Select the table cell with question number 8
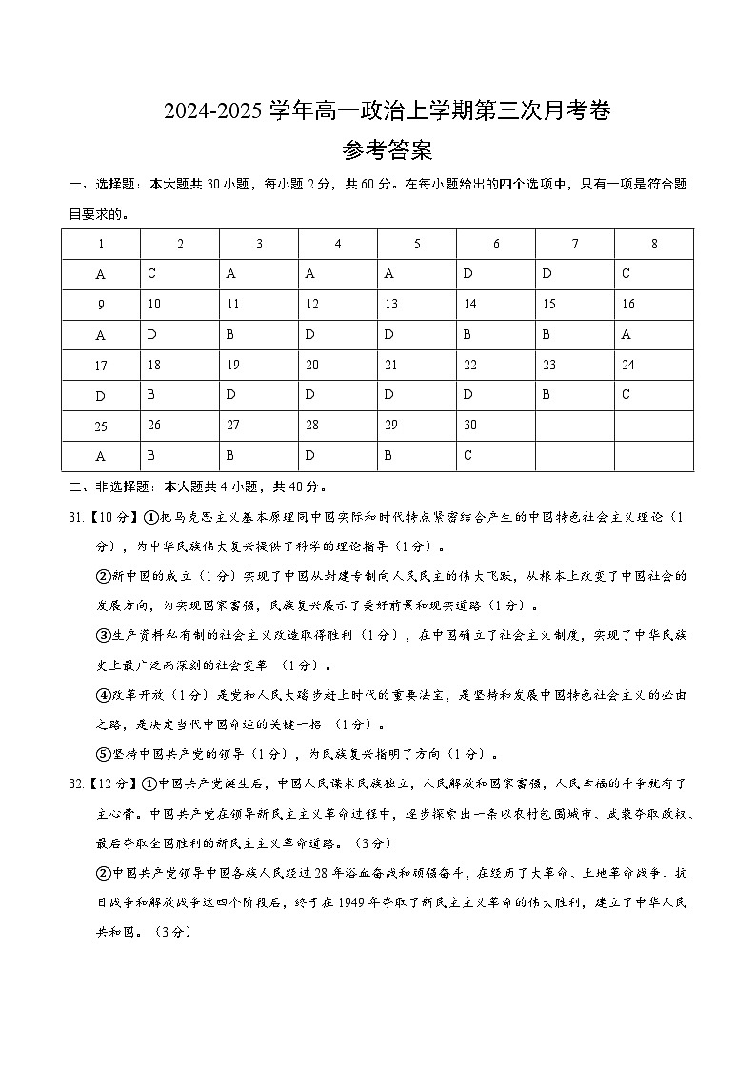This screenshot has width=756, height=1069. click(x=653, y=245)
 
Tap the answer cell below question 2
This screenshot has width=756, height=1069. click(x=179, y=274)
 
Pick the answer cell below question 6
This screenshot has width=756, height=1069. click(x=495, y=274)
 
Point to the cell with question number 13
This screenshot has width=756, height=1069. click(x=416, y=305)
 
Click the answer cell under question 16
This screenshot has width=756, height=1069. click(x=653, y=334)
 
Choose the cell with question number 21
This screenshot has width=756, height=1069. click(x=416, y=365)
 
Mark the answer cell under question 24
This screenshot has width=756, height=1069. click(x=653, y=395)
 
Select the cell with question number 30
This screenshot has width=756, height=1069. click(x=495, y=426)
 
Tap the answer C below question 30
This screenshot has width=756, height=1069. click(x=495, y=456)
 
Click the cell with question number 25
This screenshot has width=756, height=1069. click(x=101, y=426)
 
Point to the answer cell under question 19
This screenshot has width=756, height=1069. click(x=258, y=395)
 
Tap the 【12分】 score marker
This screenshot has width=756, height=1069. click(x=112, y=784)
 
